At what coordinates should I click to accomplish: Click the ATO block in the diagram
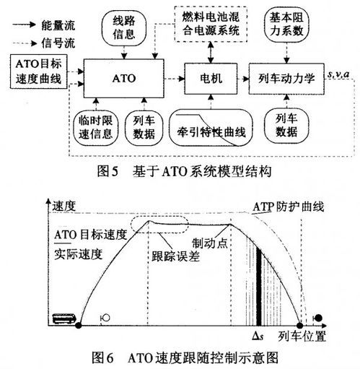(x=123, y=78)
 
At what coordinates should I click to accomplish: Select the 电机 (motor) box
(x=211, y=79)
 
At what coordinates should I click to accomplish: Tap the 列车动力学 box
(x=286, y=79)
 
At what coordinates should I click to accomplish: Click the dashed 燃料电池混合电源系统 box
(x=211, y=24)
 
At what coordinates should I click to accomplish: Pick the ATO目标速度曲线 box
(x=38, y=71)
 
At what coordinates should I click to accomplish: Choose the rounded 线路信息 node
(x=124, y=28)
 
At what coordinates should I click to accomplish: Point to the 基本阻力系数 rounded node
(x=286, y=25)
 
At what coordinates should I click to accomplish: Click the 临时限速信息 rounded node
(x=95, y=127)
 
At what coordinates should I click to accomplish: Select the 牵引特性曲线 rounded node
(x=211, y=128)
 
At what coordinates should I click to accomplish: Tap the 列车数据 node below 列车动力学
(x=286, y=125)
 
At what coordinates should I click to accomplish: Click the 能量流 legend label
(x=58, y=25)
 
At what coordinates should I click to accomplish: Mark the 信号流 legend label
(x=58, y=43)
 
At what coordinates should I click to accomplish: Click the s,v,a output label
(x=338, y=74)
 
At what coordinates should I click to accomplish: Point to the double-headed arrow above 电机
(x=211, y=53)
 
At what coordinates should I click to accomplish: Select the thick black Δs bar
(x=259, y=287)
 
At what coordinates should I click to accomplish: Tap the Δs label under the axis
(x=258, y=336)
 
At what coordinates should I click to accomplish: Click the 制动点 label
(x=210, y=243)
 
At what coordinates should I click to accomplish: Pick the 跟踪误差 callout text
(x=175, y=256)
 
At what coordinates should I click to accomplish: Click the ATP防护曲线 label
(x=289, y=207)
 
